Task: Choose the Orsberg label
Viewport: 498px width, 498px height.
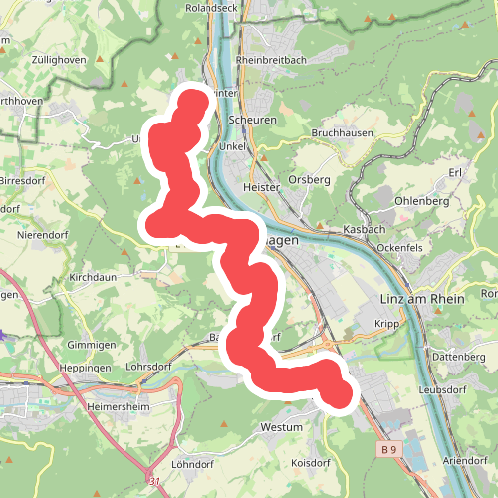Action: coord(309,179)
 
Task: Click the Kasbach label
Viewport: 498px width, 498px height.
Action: coord(364,229)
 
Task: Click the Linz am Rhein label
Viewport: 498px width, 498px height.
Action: coord(423,300)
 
